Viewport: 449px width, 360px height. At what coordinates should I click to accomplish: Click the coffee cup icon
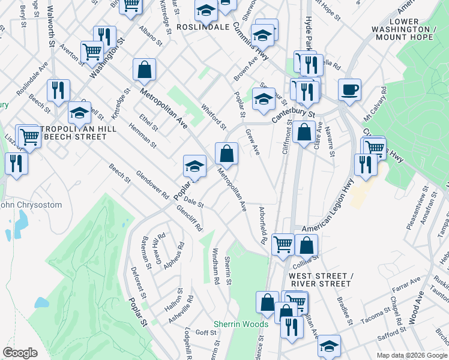point(349,90)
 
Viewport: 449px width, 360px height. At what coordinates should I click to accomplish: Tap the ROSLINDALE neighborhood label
point(203,28)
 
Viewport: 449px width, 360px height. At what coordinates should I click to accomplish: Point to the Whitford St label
point(214,118)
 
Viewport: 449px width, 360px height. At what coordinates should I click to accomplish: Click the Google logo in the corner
point(20,352)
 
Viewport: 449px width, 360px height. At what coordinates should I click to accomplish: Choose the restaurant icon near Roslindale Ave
point(58,90)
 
